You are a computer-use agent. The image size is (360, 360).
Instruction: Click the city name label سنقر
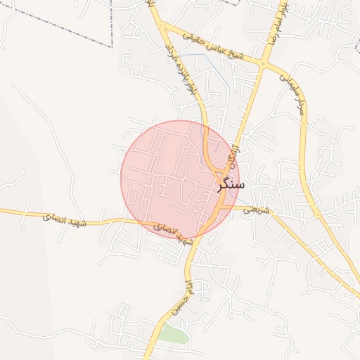click(232, 184)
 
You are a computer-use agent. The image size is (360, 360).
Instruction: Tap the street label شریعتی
click(255, 209)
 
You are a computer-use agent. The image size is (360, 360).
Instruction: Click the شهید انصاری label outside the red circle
click(68, 221)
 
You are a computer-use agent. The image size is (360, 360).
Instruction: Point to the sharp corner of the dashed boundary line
click(112, 46)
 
